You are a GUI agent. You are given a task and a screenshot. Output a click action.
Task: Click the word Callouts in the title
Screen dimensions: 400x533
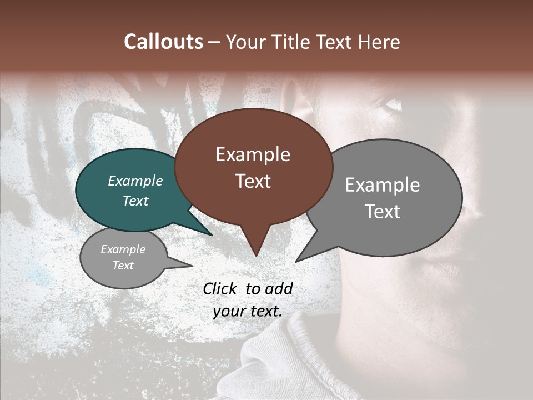pos(163,42)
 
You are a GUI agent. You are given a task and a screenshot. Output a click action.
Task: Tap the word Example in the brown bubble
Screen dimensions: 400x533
pos(253,154)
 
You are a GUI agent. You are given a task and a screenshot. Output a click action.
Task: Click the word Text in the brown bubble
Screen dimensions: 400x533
pos(253,181)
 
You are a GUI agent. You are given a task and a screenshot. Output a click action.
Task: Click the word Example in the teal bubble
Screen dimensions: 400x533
pos(135,181)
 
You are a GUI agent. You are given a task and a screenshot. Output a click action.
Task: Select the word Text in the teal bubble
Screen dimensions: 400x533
pos(135,201)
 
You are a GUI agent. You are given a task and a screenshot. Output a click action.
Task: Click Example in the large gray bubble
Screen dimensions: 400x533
pos(383,185)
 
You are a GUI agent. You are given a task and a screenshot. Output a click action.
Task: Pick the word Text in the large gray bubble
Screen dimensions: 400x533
pos(383,212)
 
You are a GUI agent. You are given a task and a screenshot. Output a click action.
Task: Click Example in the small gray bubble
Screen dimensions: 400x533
pos(123,249)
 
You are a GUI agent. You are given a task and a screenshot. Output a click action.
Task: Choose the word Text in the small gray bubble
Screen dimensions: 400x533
pos(123,266)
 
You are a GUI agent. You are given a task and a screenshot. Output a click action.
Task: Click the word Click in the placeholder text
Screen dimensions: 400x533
pos(221,288)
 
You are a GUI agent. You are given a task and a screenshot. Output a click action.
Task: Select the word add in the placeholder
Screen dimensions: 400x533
pos(279,288)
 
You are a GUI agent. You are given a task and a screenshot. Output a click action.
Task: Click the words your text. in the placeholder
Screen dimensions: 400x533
pos(248,311)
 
